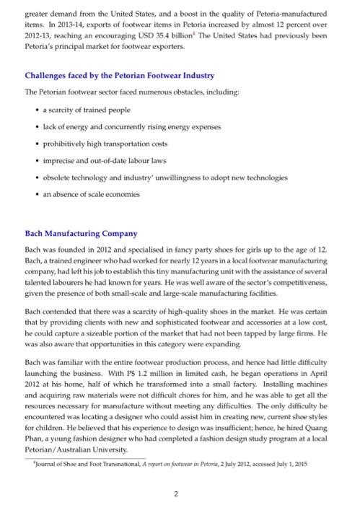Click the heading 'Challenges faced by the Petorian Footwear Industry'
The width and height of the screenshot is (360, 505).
pos(119,76)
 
